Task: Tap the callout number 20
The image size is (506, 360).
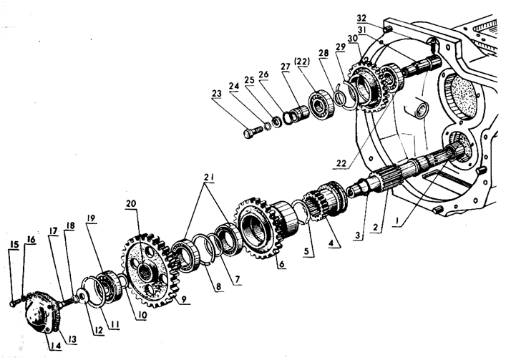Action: pyautogui.click(x=130, y=203)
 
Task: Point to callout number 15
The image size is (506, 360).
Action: pyautogui.click(x=13, y=243)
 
